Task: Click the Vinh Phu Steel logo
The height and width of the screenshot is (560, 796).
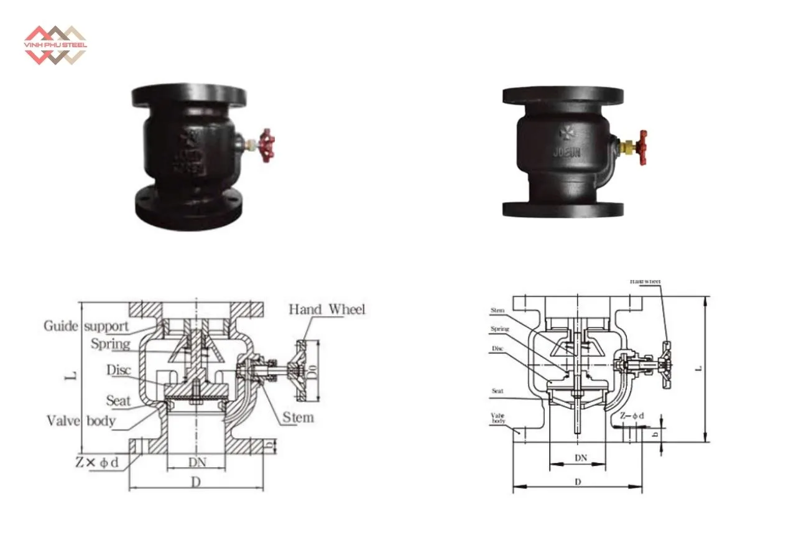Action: coord(55,45)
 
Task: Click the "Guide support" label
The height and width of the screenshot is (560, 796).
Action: coord(86,325)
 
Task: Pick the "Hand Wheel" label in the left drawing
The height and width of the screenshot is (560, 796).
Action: coord(327,309)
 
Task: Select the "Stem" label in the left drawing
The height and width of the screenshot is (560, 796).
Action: coord(298,416)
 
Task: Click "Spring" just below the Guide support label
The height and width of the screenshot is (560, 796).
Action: coord(110,343)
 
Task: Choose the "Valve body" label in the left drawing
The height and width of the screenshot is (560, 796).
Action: coord(81,421)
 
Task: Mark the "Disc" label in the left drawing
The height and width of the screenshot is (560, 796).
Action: coord(120,370)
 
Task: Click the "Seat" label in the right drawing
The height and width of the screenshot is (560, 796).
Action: coord(497,391)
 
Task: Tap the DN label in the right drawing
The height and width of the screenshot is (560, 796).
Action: coord(580,457)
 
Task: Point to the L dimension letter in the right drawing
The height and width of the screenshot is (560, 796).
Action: coord(698,368)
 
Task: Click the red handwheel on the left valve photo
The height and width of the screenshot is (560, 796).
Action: coord(267,145)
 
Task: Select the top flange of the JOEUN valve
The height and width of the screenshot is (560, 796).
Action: coord(563,95)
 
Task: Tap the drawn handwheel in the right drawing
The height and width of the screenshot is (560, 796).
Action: coord(667,365)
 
